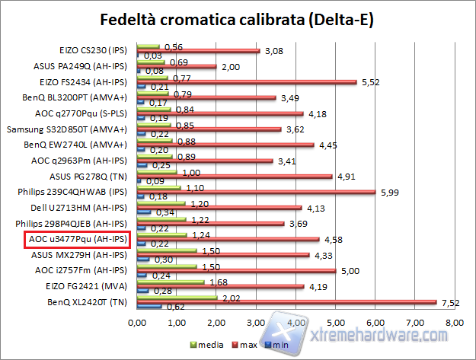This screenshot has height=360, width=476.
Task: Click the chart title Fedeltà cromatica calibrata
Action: click(238, 18)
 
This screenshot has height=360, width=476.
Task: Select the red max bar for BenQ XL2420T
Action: click(286, 302)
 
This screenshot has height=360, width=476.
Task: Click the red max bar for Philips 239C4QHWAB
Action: click(256, 192)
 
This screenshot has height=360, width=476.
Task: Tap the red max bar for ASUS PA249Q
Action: click(176, 67)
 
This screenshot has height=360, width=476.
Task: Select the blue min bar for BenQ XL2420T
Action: click(149, 307)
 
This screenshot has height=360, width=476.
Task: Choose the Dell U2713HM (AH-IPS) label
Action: click(85, 207)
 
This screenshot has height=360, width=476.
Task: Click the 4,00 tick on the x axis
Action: click(296, 324)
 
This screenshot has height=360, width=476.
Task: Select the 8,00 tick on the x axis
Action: click(454, 324)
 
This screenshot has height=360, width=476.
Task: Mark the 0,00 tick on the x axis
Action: click(137, 324)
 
